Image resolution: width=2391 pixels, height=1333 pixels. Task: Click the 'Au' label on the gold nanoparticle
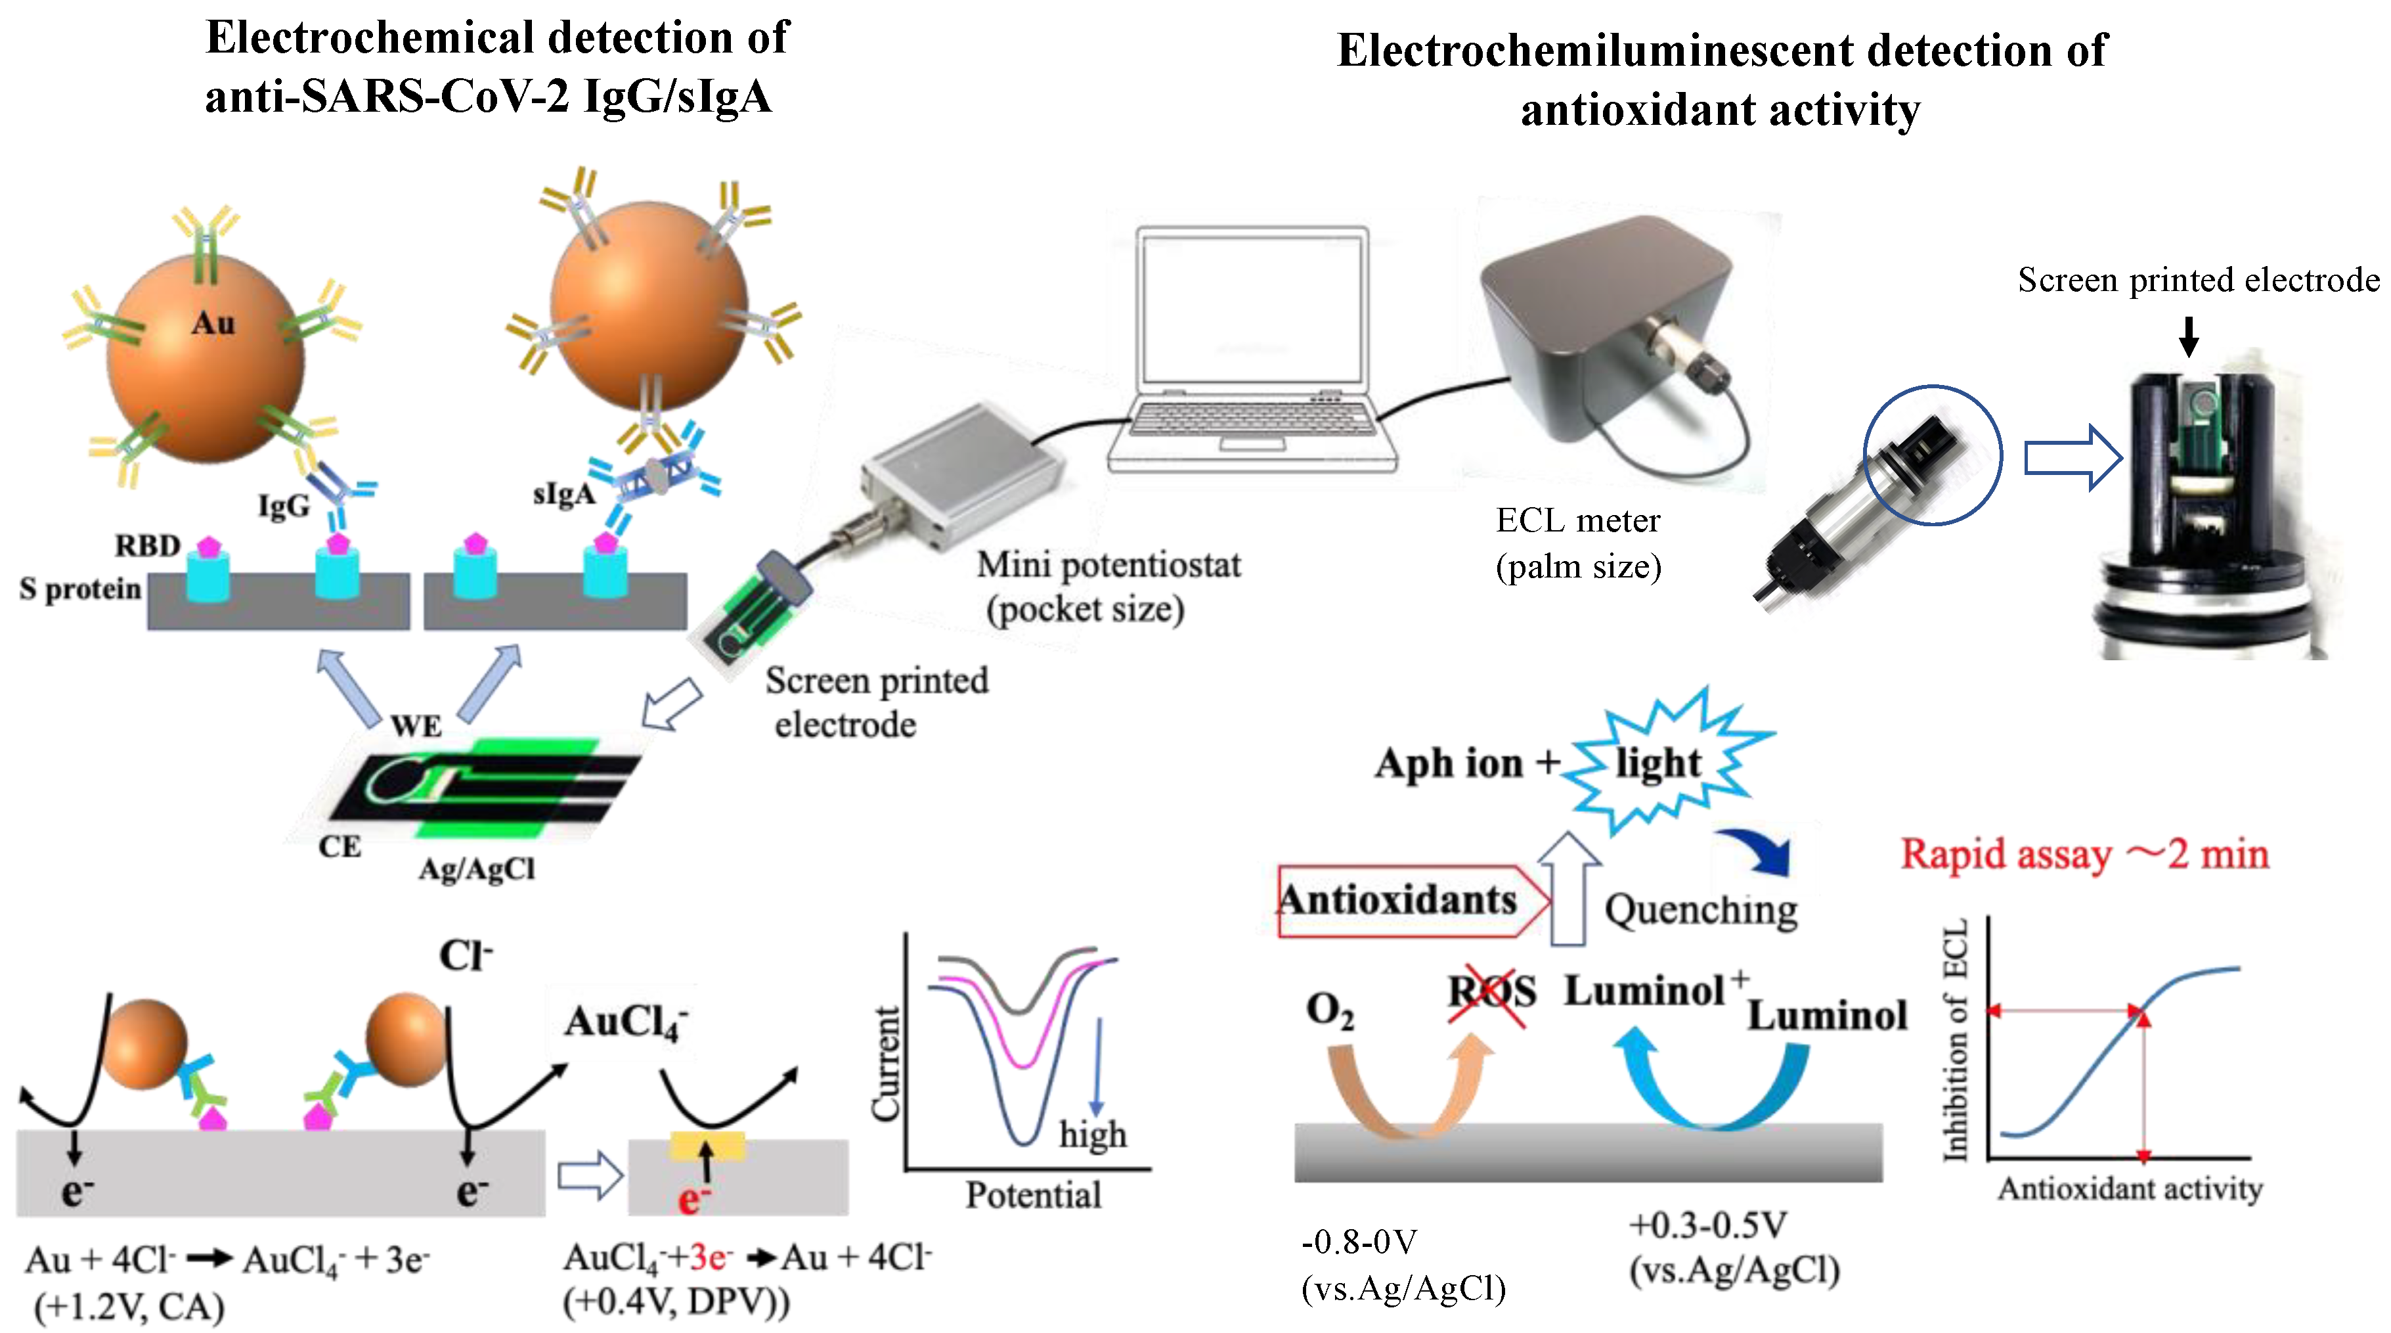[213, 323]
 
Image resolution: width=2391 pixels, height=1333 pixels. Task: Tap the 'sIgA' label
[563, 494]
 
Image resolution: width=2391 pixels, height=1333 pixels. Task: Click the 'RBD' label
[146, 545]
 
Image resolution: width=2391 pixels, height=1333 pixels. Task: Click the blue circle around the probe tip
[1933, 455]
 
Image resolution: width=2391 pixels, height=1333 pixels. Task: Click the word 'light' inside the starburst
[1657, 763]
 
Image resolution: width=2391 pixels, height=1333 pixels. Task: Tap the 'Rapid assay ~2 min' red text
[2084, 854]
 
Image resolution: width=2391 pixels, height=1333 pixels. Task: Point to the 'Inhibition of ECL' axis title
[1955, 1040]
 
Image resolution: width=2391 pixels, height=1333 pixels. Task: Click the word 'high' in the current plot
[1093, 1135]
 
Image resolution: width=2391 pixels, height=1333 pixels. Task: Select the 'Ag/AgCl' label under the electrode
[476, 869]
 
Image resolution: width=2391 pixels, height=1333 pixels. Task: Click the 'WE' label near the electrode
[416, 726]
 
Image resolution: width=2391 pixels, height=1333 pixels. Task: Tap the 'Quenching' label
[1700, 910]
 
